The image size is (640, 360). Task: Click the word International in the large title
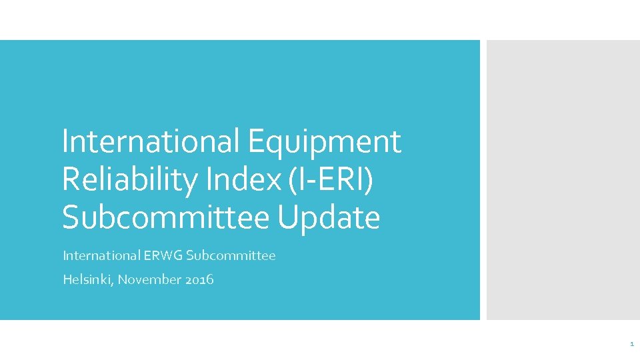pos(150,141)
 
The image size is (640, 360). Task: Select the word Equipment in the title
pos(325,141)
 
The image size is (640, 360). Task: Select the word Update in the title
pos(329,217)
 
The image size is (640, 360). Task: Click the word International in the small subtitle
pos(101,255)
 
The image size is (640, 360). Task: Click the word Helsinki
pos(88,279)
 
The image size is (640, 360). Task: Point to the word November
pos(149,279)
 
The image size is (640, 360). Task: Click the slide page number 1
pos(631,344)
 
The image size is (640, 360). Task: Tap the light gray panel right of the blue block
pos(563,180)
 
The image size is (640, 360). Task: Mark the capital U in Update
pos(287,217)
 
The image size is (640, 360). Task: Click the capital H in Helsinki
pos(67,279)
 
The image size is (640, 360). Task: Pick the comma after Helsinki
pos(114,283)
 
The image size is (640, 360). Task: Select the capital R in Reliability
pos(71,179)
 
